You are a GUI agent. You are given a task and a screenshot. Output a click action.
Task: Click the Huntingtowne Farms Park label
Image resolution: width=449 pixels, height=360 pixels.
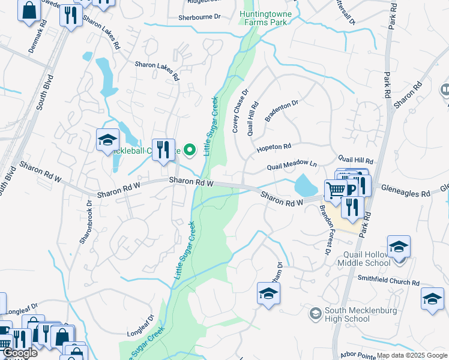tap(263, 17)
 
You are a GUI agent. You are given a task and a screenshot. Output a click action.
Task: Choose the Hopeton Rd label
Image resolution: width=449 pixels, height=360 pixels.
tap(274, 146)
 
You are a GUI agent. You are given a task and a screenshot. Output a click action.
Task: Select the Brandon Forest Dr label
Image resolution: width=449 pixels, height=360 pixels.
tap(325, 230)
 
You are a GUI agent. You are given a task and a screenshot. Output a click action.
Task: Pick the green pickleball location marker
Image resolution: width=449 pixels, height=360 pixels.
tap(190, 150)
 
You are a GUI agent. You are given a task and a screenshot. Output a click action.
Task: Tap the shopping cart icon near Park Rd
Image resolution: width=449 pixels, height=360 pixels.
tap(336, 190)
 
